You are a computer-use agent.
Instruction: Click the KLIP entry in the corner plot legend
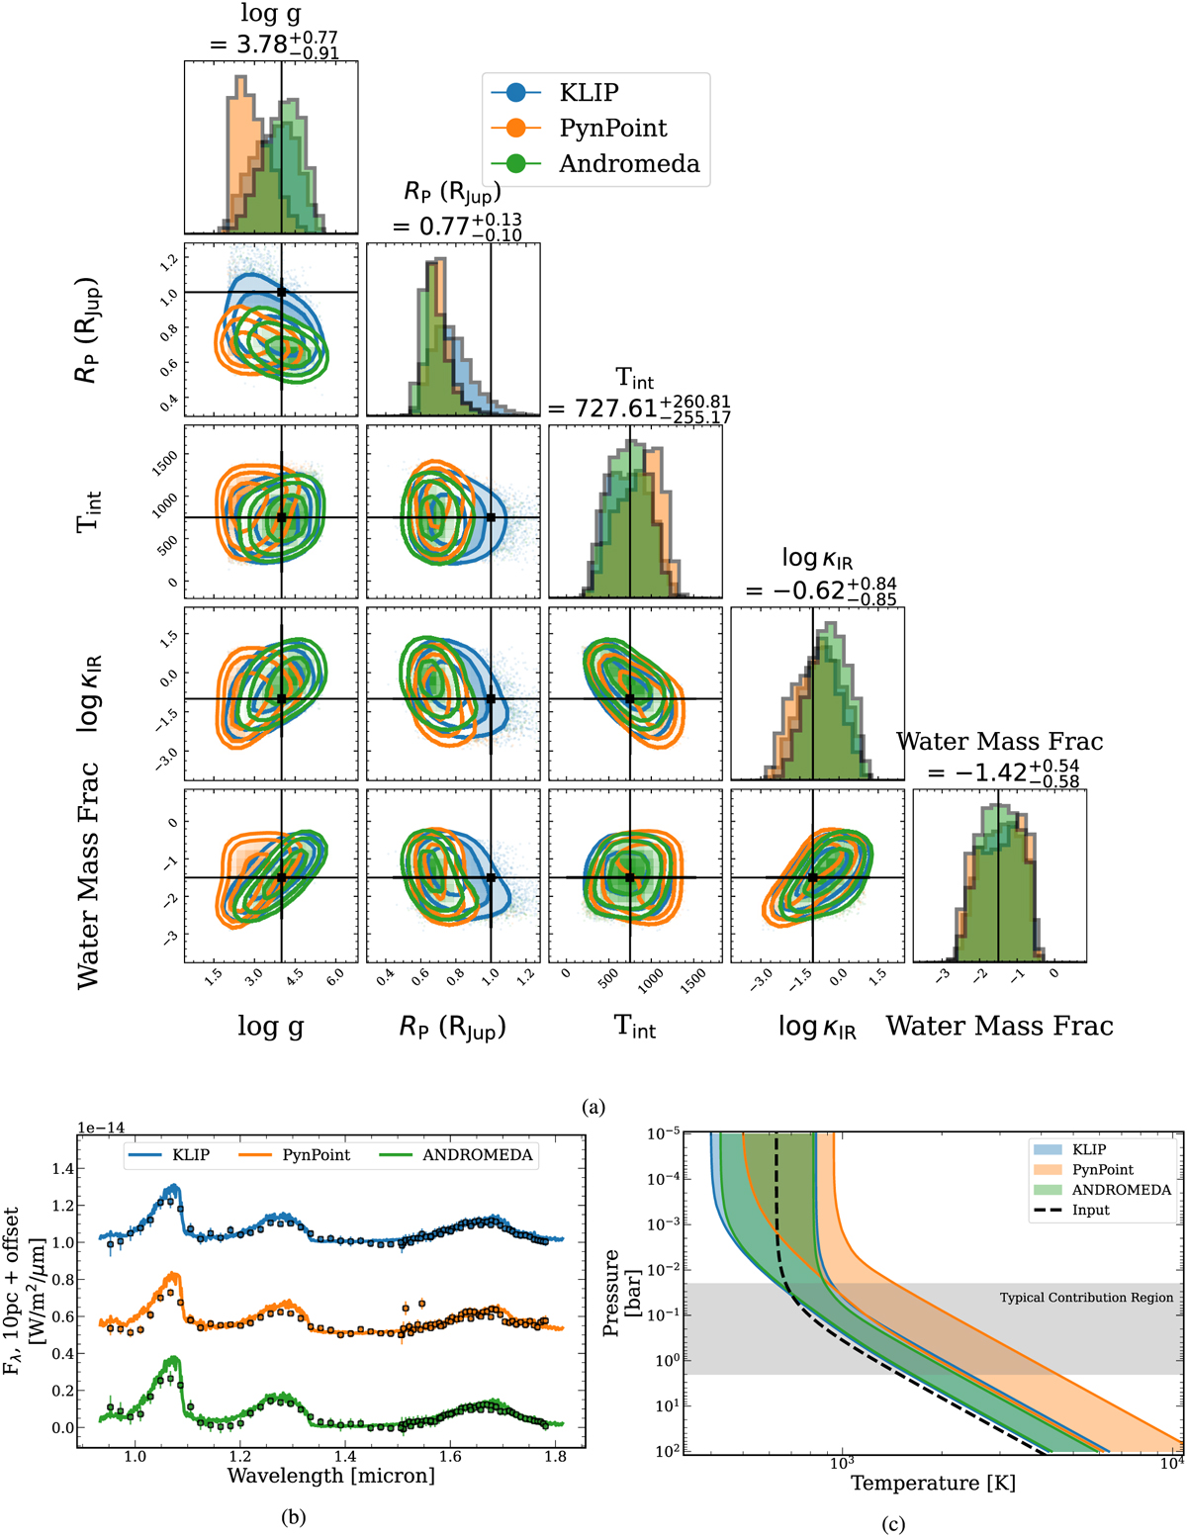[x=588, y=93]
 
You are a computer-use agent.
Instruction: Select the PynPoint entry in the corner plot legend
[x=612, y=129]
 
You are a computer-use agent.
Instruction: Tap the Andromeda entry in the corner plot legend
[x=628, y=164]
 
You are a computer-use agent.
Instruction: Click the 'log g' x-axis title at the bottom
[x=270, y=1027]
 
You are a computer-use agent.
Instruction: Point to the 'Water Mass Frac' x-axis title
[x=999, y=1026]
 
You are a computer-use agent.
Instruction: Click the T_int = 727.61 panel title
[x=638, y=396]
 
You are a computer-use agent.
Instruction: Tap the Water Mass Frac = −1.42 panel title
[x=999, y=758]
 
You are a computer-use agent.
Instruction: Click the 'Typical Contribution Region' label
[x=1086, y=1298]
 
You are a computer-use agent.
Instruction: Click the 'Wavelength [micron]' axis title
[x=330, y=1476]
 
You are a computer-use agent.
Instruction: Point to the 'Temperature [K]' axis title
[x=933, y=1484]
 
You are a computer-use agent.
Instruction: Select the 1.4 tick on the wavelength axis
[x=344, y=1456]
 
